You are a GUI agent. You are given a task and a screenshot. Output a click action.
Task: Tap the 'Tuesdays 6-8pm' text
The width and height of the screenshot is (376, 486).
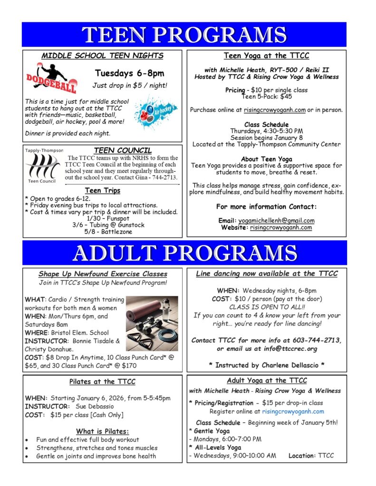pos(129,73)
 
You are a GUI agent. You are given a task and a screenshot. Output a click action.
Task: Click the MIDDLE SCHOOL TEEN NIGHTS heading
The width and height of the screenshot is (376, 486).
pos(102,56)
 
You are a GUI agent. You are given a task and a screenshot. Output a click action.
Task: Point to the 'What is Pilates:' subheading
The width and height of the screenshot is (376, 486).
pos(102,431)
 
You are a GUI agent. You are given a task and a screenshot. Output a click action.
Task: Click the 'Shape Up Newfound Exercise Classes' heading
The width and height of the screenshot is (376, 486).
pos(103,274)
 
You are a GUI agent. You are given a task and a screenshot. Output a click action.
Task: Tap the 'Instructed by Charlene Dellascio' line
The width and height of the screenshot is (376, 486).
pos(266,365)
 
